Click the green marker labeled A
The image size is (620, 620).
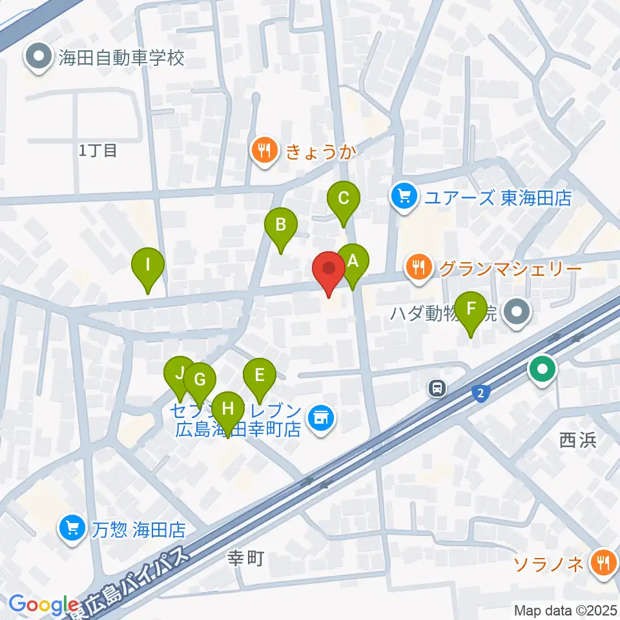(x=353, y=262)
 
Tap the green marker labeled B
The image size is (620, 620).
(x=281, y=226)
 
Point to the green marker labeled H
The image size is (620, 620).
(x=227, y=409)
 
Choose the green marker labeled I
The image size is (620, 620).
(x=148, y=266)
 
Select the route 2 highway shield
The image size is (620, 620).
(x=480, y=394)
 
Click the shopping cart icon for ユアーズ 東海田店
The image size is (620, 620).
(x=405, y=196)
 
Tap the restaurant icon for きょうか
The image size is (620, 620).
(x=265, y=152)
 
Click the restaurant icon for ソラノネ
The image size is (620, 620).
(x=603, y=564)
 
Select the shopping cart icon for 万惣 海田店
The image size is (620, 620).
(x=73, y=529)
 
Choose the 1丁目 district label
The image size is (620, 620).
(x=98, y=151)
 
